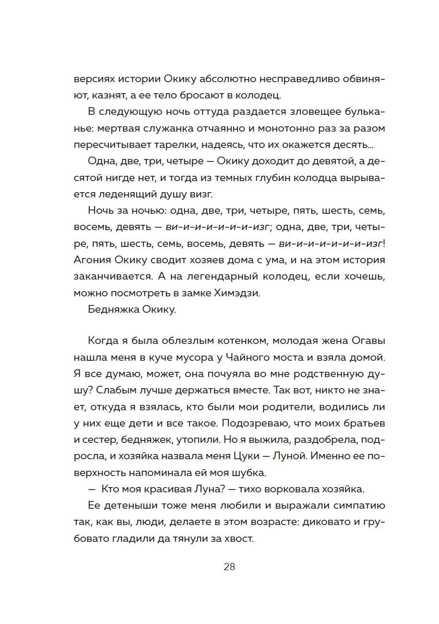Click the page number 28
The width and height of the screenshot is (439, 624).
pos(229,567)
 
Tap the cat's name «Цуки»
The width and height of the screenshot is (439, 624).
pos(257,456)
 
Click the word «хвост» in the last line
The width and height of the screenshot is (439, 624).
pos(238,539)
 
